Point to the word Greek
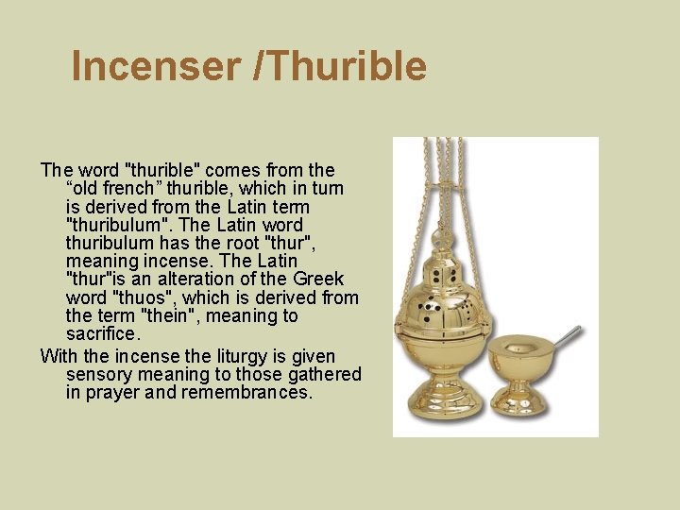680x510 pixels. pos(318,279)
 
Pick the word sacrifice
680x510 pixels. pos(103,334)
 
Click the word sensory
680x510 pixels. pos(99,374)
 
